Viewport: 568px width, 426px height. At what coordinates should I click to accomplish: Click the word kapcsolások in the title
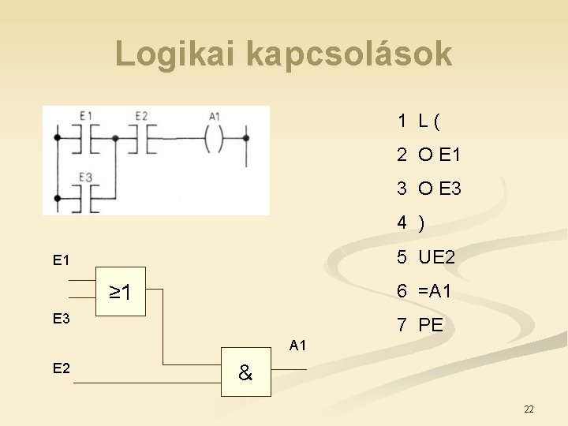point(349,54)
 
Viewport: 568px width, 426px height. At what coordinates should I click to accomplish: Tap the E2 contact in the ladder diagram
point(141,138)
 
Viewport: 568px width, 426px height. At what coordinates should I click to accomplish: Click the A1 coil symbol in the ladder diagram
point(215,138)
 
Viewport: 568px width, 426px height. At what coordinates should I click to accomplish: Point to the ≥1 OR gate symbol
point(120,293)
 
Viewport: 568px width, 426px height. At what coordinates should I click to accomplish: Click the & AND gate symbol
point(245,374)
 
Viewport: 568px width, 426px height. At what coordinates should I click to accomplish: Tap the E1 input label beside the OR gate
point(61,260)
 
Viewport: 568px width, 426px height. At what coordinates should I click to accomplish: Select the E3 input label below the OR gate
point(61,319)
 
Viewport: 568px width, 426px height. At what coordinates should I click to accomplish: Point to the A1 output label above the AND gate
point(297,345)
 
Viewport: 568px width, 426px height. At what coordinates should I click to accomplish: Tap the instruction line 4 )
point(411,223)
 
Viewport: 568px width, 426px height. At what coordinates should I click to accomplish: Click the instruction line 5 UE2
point(426,257)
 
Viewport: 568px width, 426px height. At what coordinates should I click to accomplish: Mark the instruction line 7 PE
point(420,325)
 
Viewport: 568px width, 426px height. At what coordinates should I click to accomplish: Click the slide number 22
point(529,409)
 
